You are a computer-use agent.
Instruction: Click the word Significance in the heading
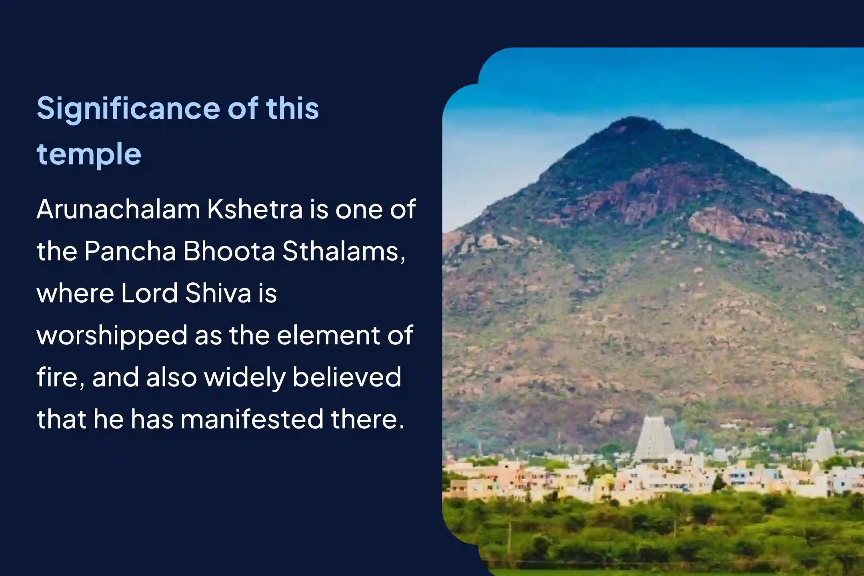[x=128, y=109]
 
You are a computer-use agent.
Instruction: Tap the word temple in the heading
[x=89, y=154]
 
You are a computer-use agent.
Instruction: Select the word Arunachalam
[x=118, y=209]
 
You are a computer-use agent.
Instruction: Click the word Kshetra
[x=255, y=209]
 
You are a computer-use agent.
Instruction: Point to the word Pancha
[x=130, y=251]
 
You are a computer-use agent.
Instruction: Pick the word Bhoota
[x=229, y=251]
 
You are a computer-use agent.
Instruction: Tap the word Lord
[x=149, y=293]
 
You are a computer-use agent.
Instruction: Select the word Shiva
[x=218, y=293]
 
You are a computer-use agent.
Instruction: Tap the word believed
[x=347, y=377]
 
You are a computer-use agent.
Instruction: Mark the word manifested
[x=252, y=419]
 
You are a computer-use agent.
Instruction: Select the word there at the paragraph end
[x=367, y=419]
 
